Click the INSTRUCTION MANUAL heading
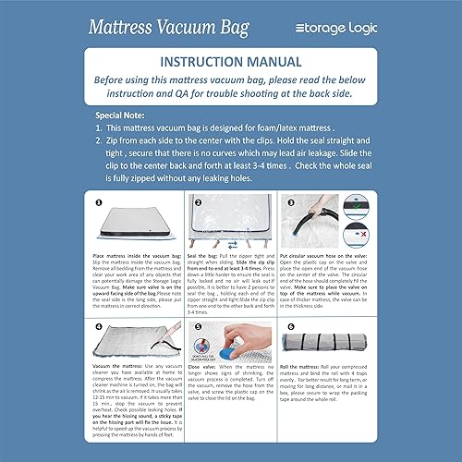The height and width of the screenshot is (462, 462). (231, 64)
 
